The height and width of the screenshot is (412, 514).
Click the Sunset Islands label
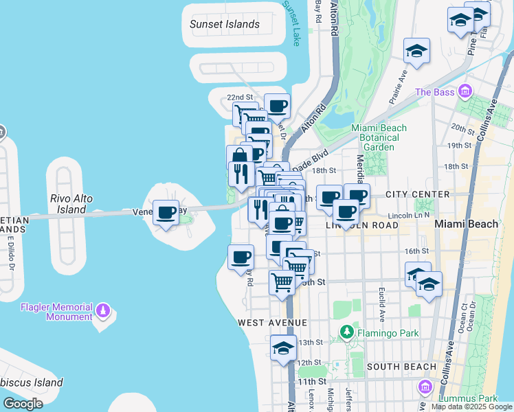click(x=225, y=25)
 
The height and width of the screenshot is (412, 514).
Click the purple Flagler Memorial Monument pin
click(x=104, y=312)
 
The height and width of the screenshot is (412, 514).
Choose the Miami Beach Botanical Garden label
click(x=379, y=137)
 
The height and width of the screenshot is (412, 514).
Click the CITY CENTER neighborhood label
click(x=417, y=194)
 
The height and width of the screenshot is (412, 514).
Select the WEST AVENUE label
click(x=272, y=322)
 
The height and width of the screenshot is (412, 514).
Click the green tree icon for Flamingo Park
click(x=347, y=333)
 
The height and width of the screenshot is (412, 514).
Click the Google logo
click(x=23, y=404)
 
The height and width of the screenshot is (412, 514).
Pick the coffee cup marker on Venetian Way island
click(x=166, y=213)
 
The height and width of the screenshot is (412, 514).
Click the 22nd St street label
click(x=241, y=98)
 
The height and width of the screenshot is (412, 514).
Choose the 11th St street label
click(x=311, y=381)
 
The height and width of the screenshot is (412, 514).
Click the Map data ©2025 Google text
click(x=471, y=407)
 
